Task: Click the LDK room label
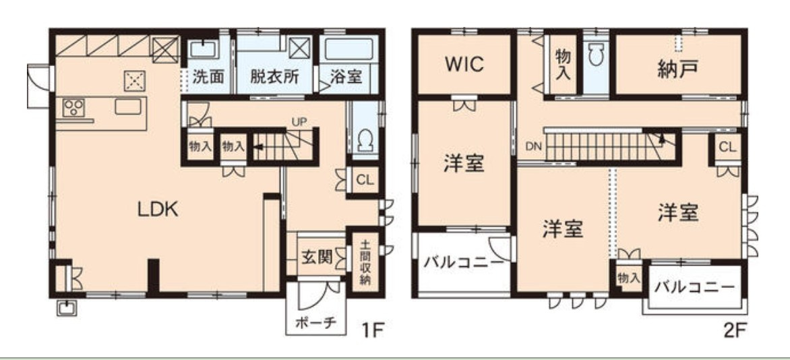(x=158, y=210)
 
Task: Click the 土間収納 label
(x=365, y=262)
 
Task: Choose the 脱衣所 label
(x=274, y=76)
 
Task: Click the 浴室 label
(x=348, y=76)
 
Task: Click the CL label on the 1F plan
(x=364, y=180)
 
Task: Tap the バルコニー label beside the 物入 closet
(x=694, y=287)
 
